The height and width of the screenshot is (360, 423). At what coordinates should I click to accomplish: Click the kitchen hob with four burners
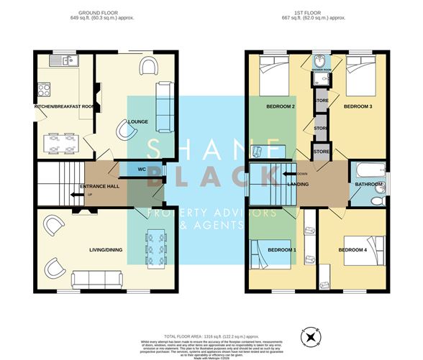[x=43, y=91]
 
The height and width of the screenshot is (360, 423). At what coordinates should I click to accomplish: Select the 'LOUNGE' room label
[x=138, y=121]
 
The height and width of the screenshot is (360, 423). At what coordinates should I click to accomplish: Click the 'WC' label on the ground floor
[x=142, y=169]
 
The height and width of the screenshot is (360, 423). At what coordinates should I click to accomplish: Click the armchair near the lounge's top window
[x=149, y=68]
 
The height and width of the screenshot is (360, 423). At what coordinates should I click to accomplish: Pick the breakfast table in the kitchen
[x=60, y=143]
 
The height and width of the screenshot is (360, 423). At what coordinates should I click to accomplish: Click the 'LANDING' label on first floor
[x=299, y=185]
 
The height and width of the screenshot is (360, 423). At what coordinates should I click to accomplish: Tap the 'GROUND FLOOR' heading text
[x=99, y=12]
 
